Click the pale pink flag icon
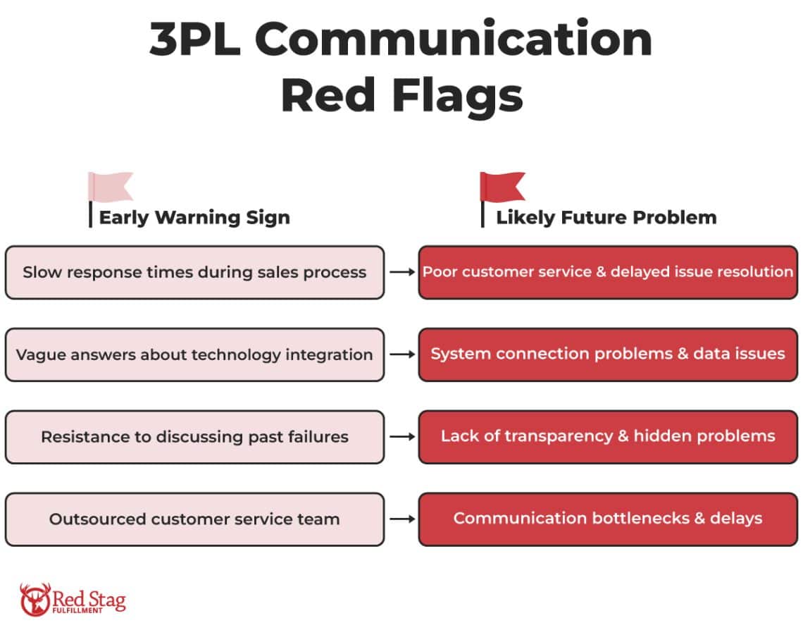[111, 186]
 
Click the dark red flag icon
[503, 186]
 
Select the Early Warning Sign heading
[194, 217]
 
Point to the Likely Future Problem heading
[606, 217]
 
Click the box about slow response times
[194, 272]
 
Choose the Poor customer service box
[608, 272]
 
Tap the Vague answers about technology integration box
[194, 354]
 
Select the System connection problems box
[608, 354]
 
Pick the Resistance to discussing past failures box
[194, 437]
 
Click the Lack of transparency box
[608, 437]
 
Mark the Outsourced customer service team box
[194, 519]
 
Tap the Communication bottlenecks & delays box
[608, 519]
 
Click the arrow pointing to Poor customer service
[402, 272]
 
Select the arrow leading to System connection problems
[402, 354]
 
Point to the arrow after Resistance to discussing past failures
[402, 437]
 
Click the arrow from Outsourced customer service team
[402, 519]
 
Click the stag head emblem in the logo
[35, 599]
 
